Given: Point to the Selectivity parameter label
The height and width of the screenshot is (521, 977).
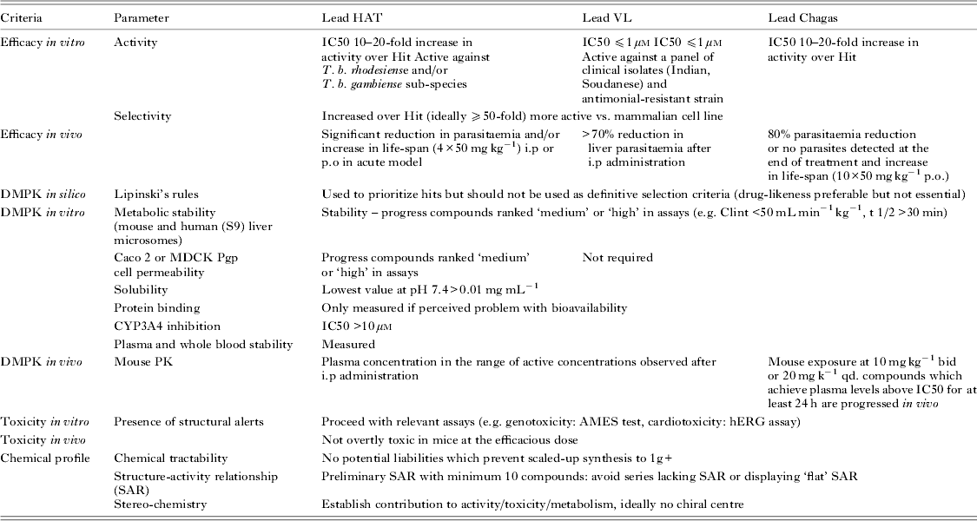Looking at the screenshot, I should pyautogui.click(x=142, y=115).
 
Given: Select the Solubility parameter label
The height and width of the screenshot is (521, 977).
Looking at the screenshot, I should pyautogui.click(x=141, y=290).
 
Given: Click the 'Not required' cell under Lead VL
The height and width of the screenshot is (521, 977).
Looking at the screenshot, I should pyautogui.click(x=617, y=258).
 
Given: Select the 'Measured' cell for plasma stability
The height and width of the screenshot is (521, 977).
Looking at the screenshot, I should pyautogui.click(x=347, y=345).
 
